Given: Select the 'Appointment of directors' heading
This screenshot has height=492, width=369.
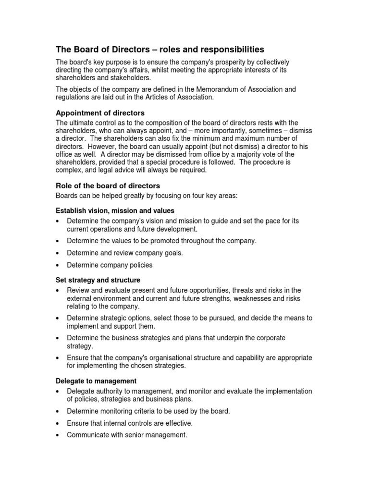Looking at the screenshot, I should (x=100, y=113).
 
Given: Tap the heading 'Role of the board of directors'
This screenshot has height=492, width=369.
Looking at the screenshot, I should (x=108, y=185).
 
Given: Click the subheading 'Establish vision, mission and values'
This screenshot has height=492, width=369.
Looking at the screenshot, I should (x=115, y=210).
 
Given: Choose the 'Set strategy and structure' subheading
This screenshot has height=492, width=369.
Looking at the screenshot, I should (x=98, y=280).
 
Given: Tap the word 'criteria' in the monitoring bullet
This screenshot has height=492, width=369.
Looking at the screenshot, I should (x=148, y=411).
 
